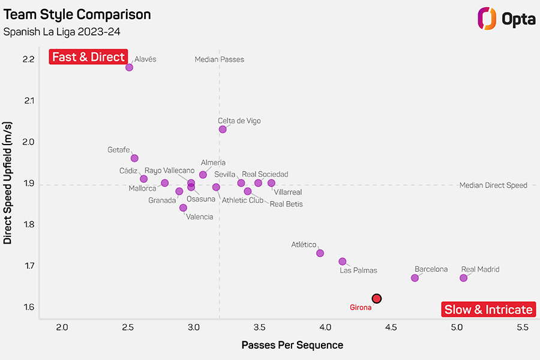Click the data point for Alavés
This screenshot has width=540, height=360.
tap(129, 67)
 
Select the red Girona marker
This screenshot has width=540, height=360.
tap(377, 298)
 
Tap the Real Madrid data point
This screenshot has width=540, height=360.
tap(464, 278)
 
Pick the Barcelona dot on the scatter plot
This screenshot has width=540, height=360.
tap(415, 278)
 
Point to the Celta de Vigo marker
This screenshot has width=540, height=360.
tap(223, 129)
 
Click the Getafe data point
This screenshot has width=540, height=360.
tap(134, 158)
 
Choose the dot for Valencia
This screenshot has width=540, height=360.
tap(183, 208)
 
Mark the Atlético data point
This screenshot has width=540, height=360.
tap(320, 253)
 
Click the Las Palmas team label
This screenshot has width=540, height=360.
tap(358, 271)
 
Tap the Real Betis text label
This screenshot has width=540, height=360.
tap(286, 204)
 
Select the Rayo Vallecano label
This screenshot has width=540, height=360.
tap(169, 170)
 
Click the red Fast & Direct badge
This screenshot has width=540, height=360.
tap(89, 57)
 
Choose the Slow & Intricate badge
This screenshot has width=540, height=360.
tap(488, 310)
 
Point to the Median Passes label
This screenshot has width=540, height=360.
tap(220, 59)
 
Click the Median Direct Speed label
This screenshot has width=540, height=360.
tap(493, 185)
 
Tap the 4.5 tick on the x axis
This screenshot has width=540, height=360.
tap(391, 327)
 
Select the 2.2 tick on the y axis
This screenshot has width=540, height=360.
tap(29, 59)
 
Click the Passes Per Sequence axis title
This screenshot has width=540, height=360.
tap(292, 345)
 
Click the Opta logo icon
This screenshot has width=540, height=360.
tap(487, 18)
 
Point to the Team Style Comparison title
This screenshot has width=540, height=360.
tap(77, 15)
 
